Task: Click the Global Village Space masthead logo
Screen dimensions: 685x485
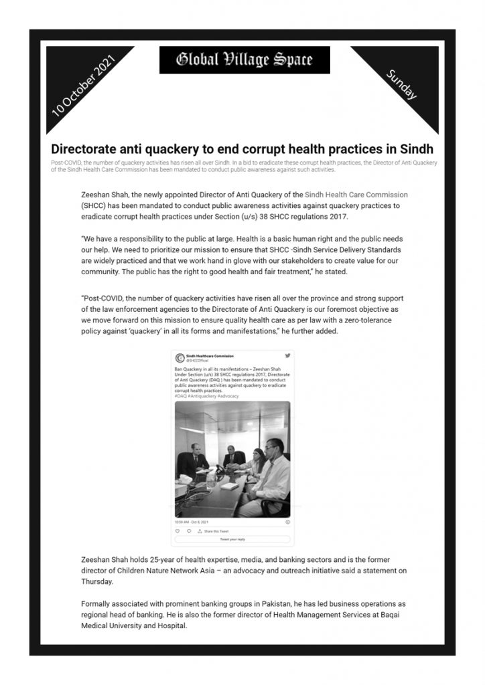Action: [245, 60]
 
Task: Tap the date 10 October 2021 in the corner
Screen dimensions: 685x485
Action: [84, 87]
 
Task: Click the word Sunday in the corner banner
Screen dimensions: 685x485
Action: [402, 85]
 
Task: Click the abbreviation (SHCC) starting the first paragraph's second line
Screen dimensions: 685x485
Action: [97, 207]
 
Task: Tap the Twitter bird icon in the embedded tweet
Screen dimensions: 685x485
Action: [287, 356]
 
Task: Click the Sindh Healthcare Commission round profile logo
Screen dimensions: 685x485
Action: [180, 358]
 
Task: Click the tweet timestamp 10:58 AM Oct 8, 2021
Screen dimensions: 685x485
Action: [192, 521]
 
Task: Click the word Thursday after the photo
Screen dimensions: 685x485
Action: [99, 581]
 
